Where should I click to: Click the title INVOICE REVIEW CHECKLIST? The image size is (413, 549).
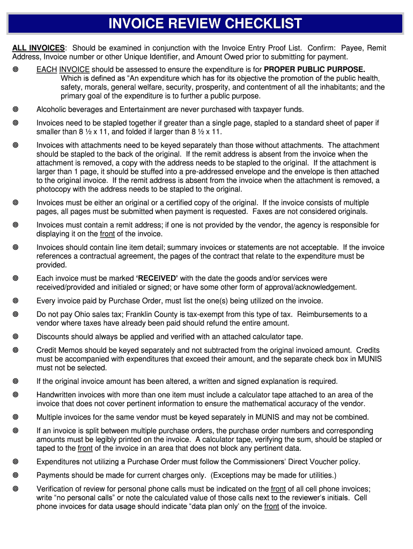coord(205,24)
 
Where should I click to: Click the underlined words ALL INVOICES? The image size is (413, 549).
coord(39,48)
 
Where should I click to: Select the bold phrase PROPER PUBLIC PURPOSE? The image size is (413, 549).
coord(314,70)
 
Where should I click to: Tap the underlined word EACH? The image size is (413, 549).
coord(47,70)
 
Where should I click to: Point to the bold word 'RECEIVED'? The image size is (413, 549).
coord(157,279)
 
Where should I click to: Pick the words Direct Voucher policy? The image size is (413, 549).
coord(328,462)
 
